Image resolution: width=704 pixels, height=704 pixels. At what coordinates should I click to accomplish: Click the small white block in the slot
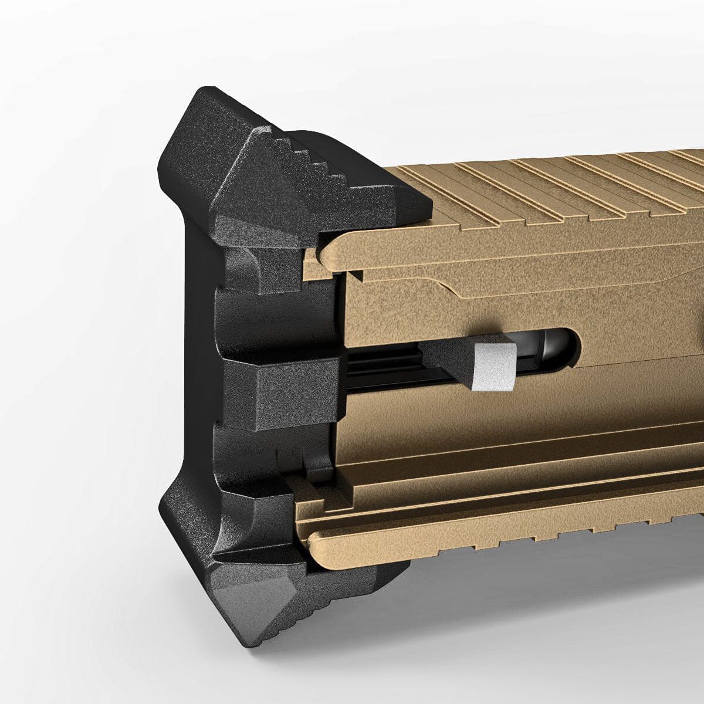[x=493, y=367]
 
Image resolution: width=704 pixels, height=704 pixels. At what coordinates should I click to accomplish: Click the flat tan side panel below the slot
[x=499, y=422]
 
